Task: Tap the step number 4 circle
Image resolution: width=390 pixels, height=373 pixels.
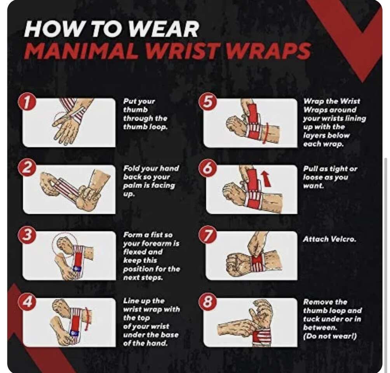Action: (x=27, y=302)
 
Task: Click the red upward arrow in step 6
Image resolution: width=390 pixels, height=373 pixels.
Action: (x=266, y=178)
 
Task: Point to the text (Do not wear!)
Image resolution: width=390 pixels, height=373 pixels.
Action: (x=330, y=336)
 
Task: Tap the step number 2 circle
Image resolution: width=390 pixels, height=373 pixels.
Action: (x=27, y=168)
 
